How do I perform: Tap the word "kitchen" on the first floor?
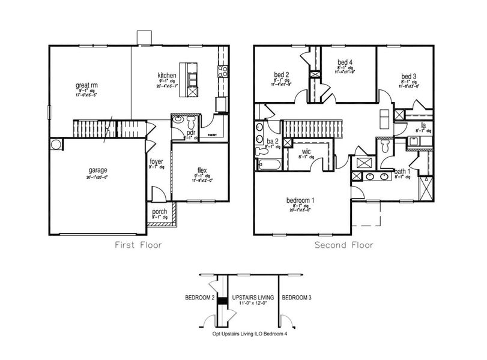click(x=166, y=76)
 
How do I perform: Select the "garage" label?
click(x=96, y=170)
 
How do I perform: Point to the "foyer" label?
click(x=156, y=161)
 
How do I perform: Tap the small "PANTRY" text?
click(x=212, y=136)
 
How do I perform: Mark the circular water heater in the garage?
click(x=55, y=145)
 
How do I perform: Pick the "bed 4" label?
click(x=345, y=62)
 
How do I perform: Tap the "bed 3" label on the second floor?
click(x=410, y=76)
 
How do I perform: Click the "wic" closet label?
click(x=306, y=152)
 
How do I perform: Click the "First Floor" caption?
click(x=139, y=245)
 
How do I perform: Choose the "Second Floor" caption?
click(x=344, y=245)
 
